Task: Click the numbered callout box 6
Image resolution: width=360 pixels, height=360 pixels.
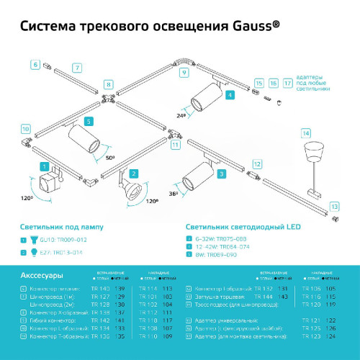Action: tap(35, 64)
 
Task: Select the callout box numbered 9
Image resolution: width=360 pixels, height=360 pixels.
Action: tap(183, 73)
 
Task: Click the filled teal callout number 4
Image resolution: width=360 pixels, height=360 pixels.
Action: tap(229, 94)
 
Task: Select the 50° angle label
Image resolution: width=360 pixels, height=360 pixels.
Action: tap(109, 156)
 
